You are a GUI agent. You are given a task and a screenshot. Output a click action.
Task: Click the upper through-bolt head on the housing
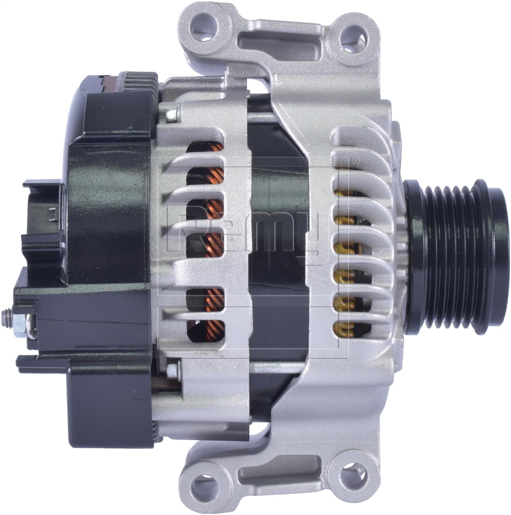point(170,113)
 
